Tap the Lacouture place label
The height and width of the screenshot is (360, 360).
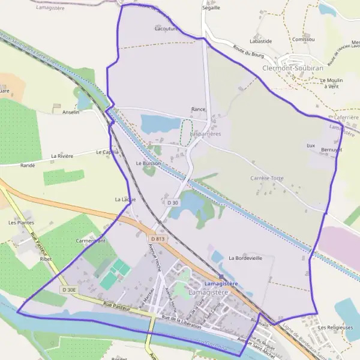pos(165,28)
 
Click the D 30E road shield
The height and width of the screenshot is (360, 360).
pos(69,290)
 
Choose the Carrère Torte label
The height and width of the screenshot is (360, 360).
pos(267,178)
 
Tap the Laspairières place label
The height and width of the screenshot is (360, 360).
pos(205,134)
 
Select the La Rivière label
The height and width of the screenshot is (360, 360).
pos(62,156)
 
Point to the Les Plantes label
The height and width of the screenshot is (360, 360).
pos(20,222)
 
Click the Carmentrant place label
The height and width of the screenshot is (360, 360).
pos(91,241)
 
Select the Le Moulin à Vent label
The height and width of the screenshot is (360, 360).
pos(331,83)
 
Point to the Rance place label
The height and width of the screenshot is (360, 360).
pos(198,110)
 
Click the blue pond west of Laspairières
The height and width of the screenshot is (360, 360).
pos(160,124)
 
